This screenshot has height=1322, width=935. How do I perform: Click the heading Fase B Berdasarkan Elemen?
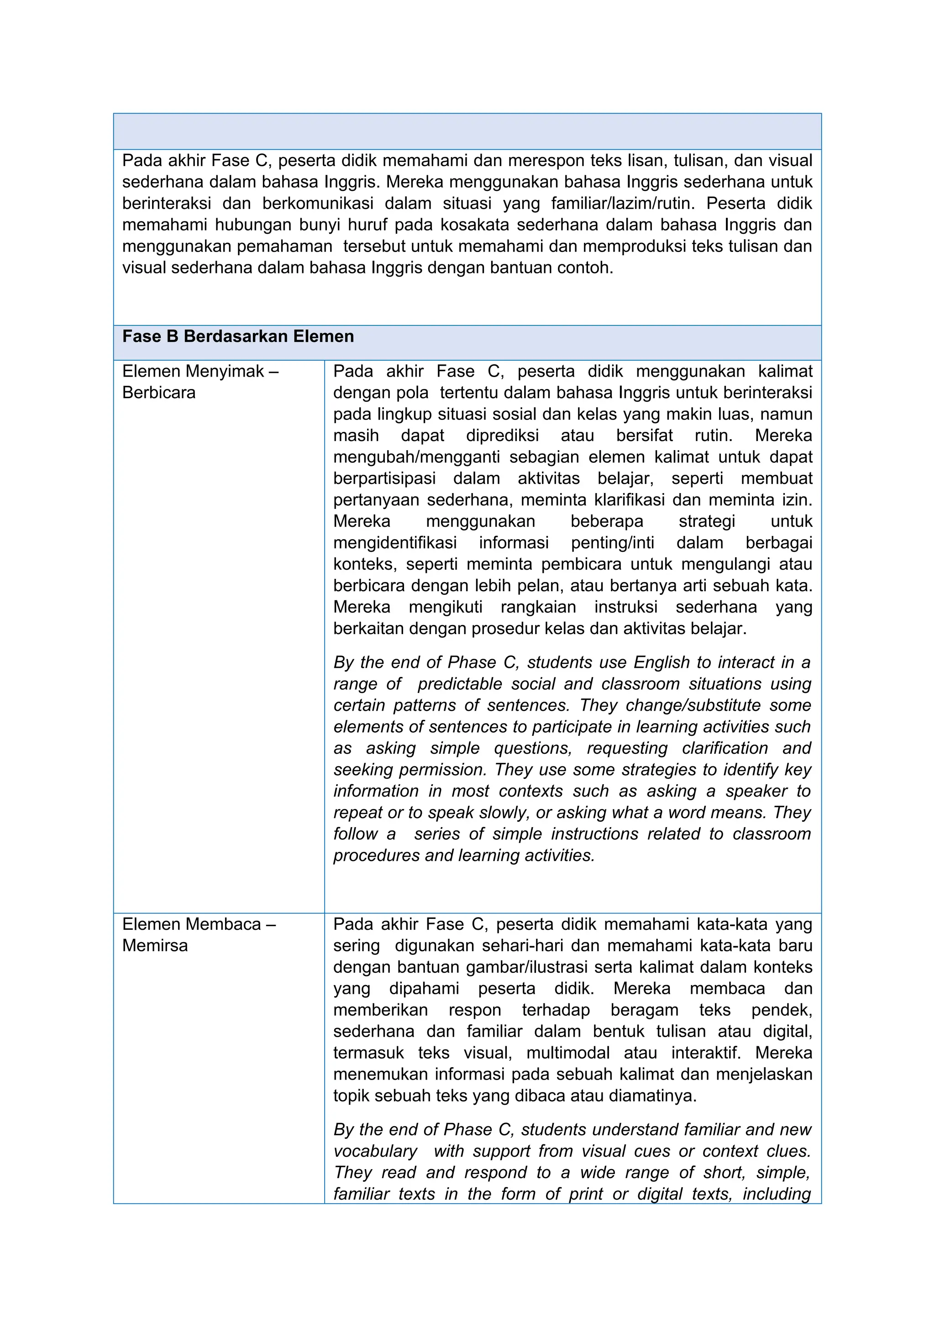(x=238, y=337)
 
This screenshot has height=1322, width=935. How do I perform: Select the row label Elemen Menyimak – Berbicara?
(x=200, y=382)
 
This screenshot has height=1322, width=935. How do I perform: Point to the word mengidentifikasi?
(x=395, y=543)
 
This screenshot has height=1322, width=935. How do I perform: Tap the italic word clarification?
(x=724, y=749)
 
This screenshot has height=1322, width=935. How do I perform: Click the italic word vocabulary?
(x=375, y=1152)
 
